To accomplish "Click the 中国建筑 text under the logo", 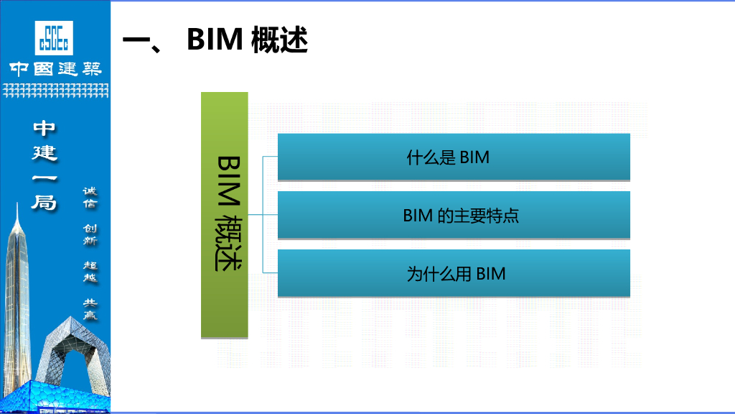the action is click(x=55, y=69).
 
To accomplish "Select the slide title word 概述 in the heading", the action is click(x=279, y=40).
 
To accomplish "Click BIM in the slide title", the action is click(x=215, y=40).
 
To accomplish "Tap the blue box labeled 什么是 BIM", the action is click(x=454, y=157).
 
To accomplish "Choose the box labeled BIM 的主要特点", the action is click(x=454, y=215).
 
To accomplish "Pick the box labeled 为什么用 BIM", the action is click(x=454, y=273).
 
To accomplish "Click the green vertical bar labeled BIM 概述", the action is click(x=225, y=215).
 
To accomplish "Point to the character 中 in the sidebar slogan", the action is click(x=44, y=129).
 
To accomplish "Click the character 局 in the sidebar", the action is click(x=44, y=203).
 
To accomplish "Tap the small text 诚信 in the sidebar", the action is click(x=90, y=198).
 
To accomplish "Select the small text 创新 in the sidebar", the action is click(x=90, y=235).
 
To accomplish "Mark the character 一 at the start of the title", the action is click(x=136, y=40).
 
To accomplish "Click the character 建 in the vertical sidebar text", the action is click(x=44, y=153).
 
